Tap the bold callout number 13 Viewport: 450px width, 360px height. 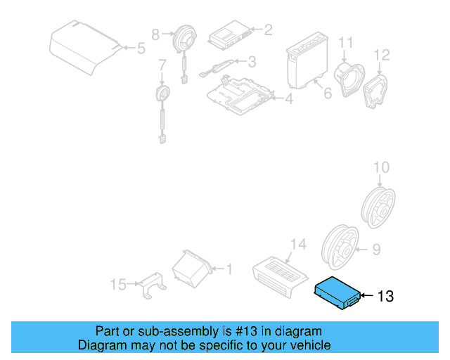386,297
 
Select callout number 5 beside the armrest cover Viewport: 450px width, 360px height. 140,49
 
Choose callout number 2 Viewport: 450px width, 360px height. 267,30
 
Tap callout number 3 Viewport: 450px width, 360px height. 251,62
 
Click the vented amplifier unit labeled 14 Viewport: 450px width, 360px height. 278,272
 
